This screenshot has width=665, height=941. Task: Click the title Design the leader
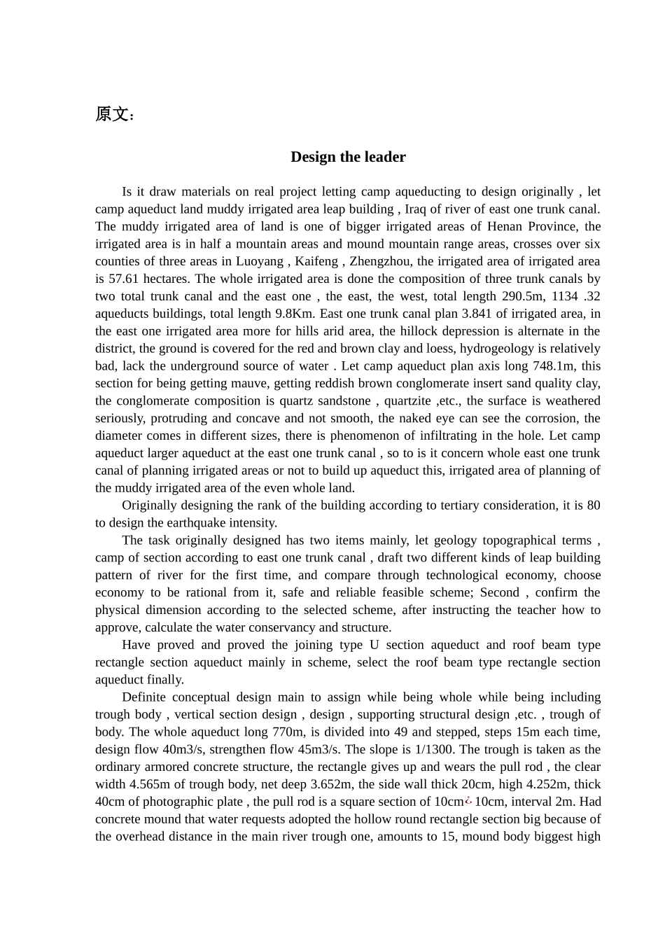click(x=348, y=157)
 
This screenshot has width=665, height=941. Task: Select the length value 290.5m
click(x=511, y=296)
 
